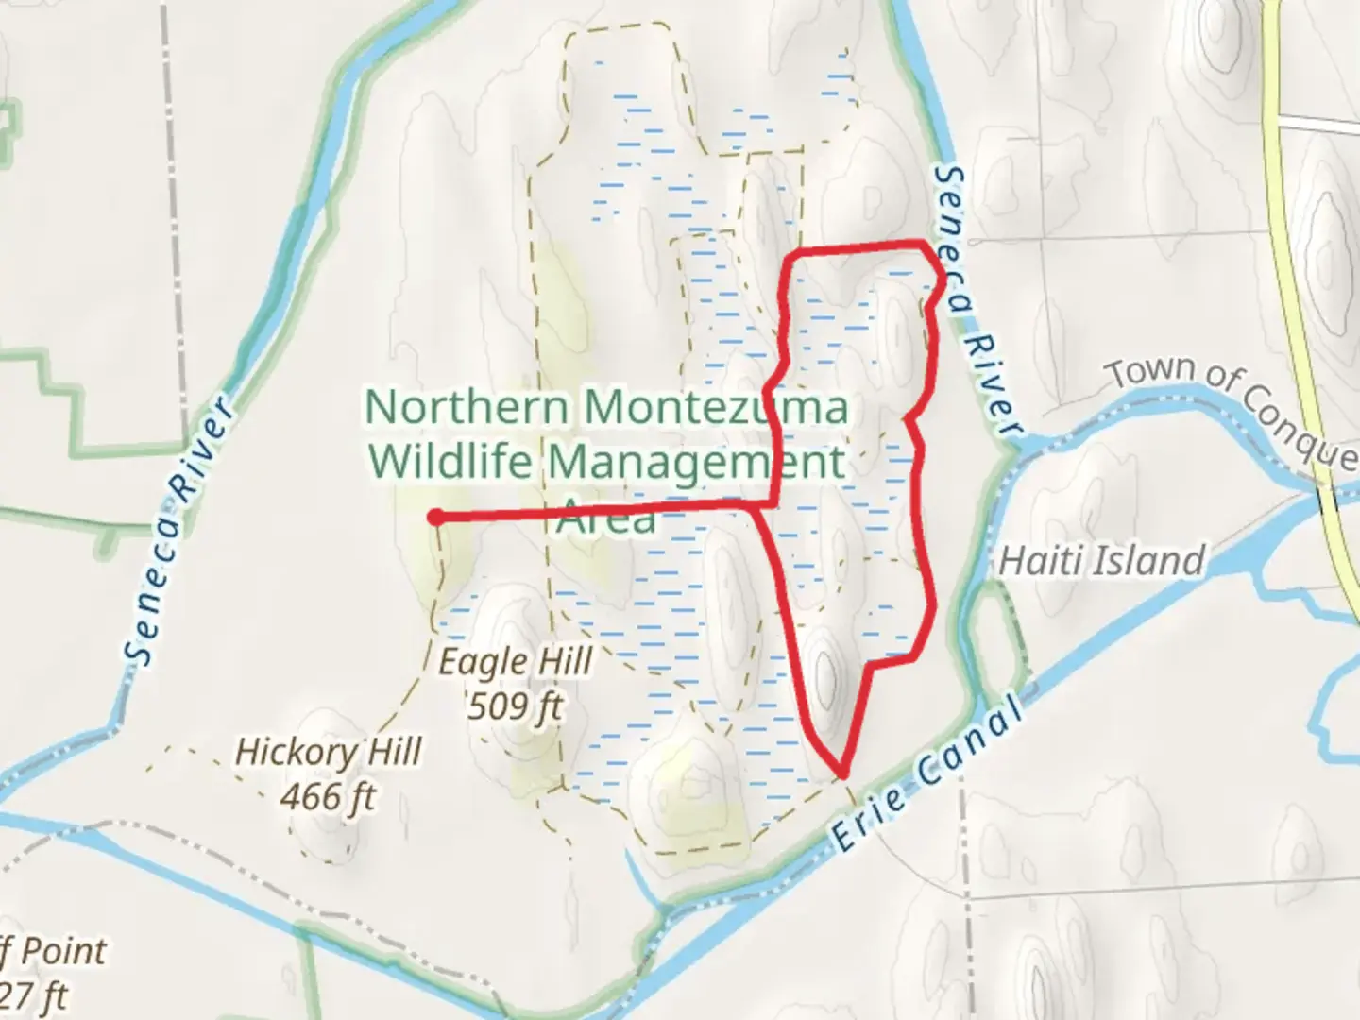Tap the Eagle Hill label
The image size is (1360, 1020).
coord(516,661)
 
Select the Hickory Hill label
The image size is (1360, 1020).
coord(328,752)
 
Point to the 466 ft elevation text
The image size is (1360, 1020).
coord(328,796)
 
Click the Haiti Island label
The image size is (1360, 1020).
coord(1101,560)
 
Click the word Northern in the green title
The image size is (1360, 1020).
coord(467,408)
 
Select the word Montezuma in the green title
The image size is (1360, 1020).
coord(715,408)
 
